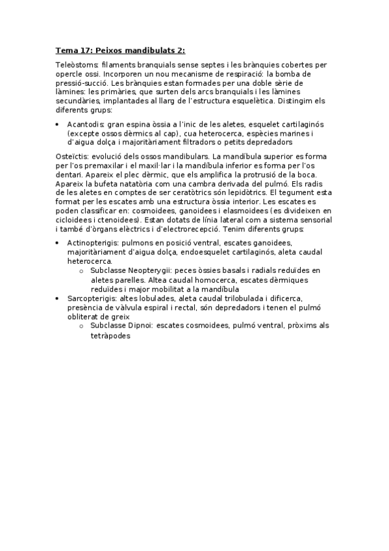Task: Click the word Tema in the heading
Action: (66, 50)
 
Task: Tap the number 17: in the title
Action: (87, 50)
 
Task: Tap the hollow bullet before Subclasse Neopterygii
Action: (81, 270)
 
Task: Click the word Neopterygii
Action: (149, 270)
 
